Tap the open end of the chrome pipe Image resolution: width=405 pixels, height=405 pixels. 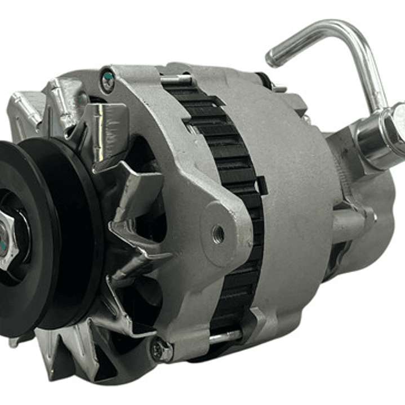point(273,56)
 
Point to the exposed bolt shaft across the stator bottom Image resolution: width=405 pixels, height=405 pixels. point(225,337)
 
